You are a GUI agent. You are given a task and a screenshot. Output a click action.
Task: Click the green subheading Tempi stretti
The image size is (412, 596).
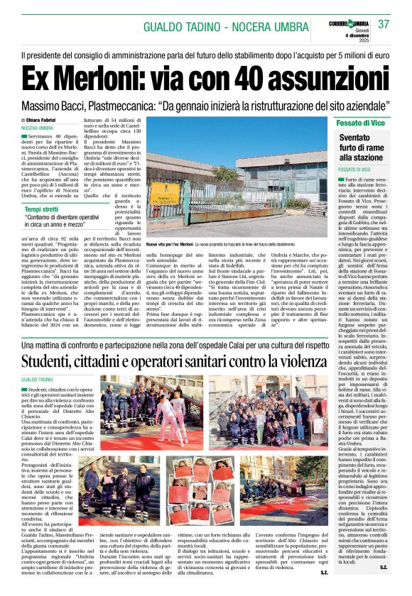[x=41, y=209]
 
